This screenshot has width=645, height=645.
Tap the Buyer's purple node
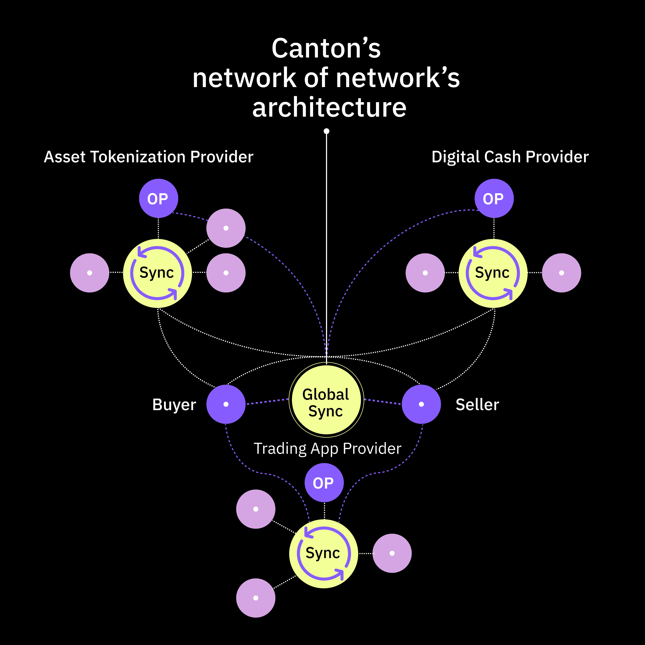tap(226, 404)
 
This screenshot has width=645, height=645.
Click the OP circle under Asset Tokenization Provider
tap(159, 199)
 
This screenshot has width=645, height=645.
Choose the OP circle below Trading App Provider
tap(324, 483)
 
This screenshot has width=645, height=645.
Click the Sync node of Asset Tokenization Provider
tap(157, 273)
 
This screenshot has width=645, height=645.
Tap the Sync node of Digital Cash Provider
tap(493, 273)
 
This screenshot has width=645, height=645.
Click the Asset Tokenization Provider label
tap(149, 157)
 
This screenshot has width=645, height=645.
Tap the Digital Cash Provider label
tap(510, 157)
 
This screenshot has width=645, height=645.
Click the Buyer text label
tap(174, 405)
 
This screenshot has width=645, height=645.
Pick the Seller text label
tap(477, 405)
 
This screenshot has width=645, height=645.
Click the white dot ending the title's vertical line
tap(327, 131)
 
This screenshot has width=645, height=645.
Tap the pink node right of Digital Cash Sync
tap(561, 273)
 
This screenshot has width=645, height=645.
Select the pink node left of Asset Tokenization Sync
tap(89, 273)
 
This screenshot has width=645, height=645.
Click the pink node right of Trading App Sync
tap(392, 553)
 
